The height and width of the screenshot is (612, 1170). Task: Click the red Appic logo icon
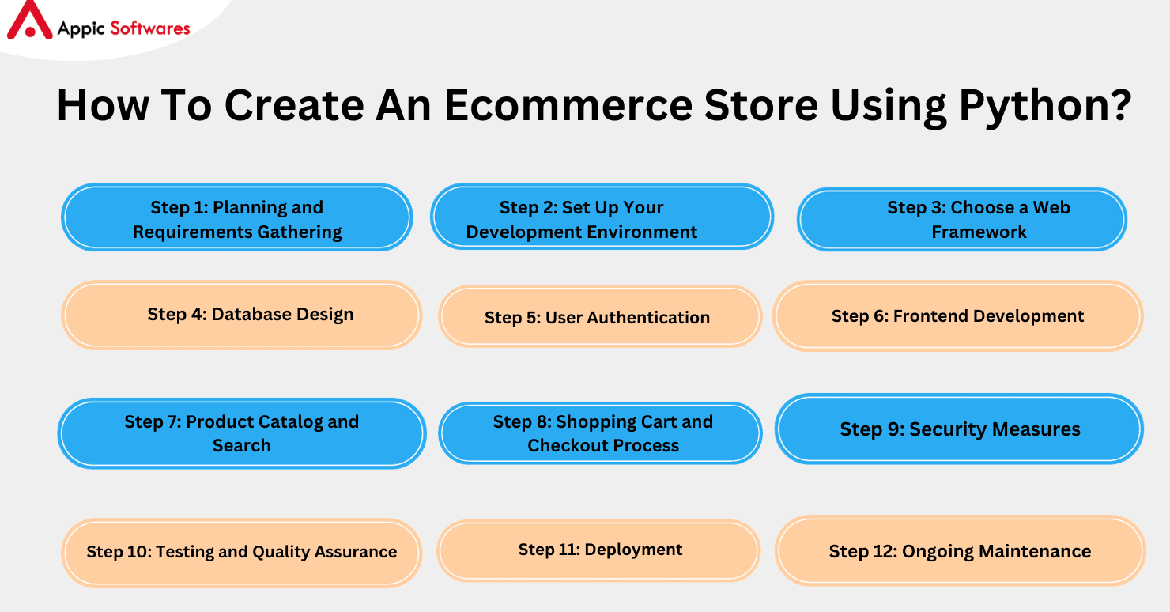[28, 21]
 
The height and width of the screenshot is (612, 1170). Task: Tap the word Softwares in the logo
[150, 28]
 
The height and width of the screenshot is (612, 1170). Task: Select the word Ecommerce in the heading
[568, 105]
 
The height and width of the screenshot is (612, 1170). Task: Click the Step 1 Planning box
[237, 218]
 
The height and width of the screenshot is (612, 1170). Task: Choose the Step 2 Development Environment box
[602, 218]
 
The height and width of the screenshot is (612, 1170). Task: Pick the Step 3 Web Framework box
[961, 219]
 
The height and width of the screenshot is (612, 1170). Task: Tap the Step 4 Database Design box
[241, 315]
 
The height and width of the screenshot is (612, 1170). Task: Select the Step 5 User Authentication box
[600, 317]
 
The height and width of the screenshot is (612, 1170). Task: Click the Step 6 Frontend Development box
[957, 316]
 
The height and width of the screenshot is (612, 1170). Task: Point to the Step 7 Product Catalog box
[241, 433]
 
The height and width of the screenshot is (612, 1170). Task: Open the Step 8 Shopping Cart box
[600, 433]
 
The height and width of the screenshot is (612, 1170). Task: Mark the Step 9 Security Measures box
[959, 429]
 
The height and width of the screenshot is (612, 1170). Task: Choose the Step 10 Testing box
[241, 552]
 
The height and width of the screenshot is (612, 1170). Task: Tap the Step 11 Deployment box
[599, 550]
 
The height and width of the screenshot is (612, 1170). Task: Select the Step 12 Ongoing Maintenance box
[960, 551]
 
